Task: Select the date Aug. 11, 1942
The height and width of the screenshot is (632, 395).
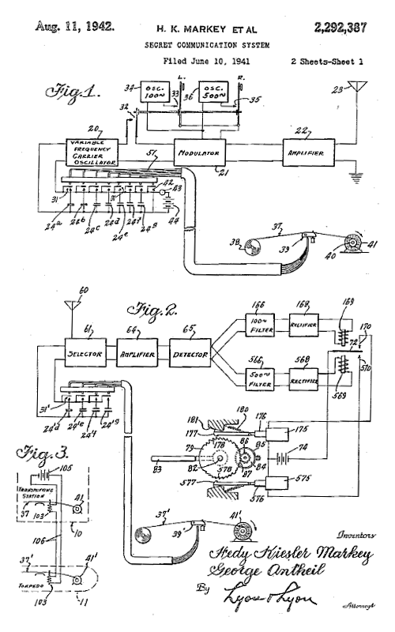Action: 74,26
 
